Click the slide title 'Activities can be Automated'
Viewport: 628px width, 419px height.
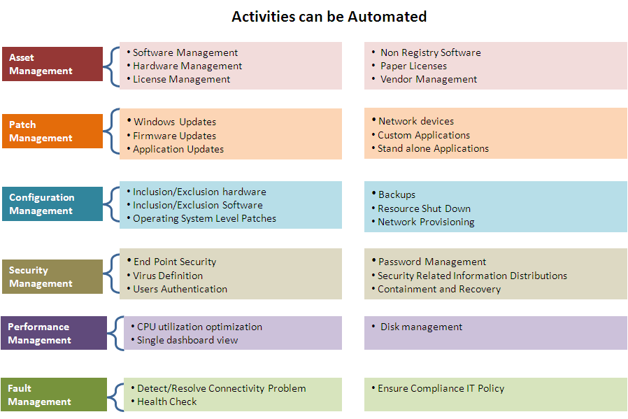click(x=329, y=16)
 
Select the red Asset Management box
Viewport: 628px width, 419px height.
click(x=52, y=64)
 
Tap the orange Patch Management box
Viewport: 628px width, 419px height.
click(x=52, y=132)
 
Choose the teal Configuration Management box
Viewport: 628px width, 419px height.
click(x=52, y=204)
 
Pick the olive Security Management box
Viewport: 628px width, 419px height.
click(x=52, y=277)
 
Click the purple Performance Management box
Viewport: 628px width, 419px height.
click(x=54, y=334)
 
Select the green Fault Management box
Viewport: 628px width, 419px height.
click(x=54, y=395)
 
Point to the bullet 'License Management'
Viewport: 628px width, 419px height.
click(x=181, y=80)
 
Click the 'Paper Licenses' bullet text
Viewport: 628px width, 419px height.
click(x=413, y=66)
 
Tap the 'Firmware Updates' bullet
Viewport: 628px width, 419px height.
click(x=174, y=136)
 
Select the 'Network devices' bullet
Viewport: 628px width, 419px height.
click(x=415, y=121)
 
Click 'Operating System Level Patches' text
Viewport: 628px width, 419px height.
click(x=204, y=219)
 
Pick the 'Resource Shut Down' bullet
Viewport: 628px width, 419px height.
click(x=424, y=208)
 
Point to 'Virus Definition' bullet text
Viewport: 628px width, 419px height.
click(x=168, y=276)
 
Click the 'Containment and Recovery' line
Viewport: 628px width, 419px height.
click(x=439, y=290)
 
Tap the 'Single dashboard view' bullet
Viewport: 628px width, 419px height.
click(x=187, y=341)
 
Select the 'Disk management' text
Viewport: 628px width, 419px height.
click(x=421, y=327)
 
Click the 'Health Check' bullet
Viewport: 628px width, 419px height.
click(x=166, y=402)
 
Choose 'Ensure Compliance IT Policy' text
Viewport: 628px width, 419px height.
click(x=441, y=388)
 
